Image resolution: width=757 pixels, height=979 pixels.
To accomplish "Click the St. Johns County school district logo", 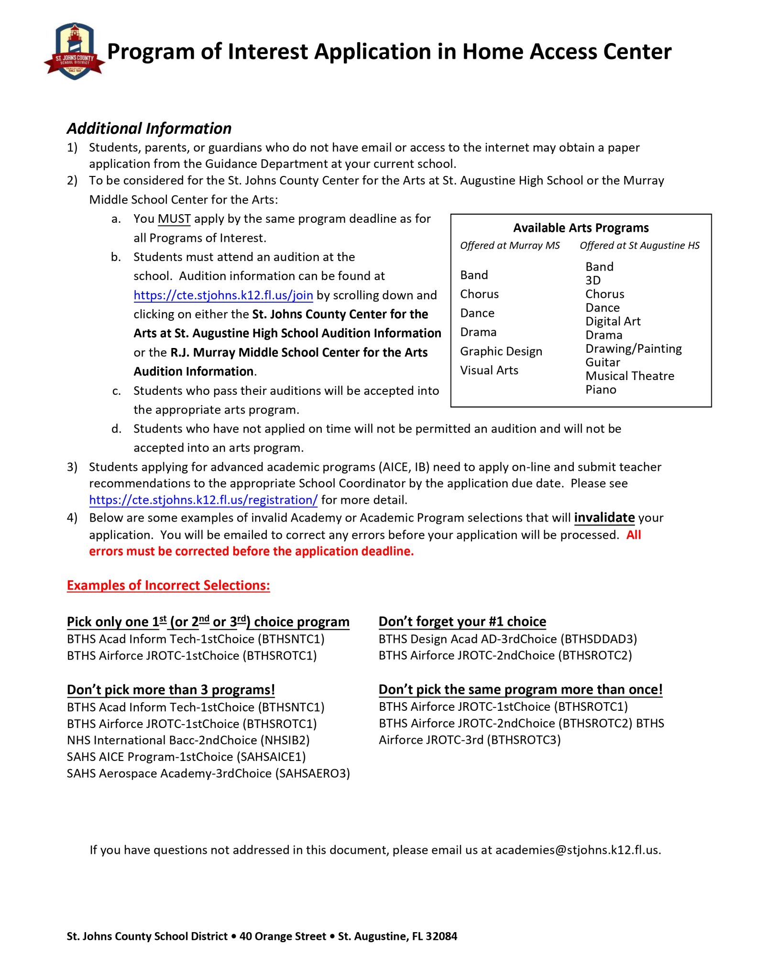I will (74, 52).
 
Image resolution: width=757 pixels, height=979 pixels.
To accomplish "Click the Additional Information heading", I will (149, 129).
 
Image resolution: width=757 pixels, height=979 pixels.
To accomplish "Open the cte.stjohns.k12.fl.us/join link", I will (223, 295).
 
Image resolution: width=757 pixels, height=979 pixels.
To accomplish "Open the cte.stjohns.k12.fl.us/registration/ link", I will (203, 500).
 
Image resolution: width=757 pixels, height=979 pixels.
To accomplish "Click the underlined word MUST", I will (174, 219).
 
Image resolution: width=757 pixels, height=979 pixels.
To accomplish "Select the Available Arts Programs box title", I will (581, 228).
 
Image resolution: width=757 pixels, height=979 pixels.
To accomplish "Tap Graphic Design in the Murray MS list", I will (501, 351).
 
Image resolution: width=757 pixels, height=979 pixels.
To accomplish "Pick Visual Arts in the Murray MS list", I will (489, 370).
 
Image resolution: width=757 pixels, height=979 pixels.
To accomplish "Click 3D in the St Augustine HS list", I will (592, 281).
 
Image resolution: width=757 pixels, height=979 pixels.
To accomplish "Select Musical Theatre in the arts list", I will (629, 376).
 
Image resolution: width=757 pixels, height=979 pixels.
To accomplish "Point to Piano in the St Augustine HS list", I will (601, 390).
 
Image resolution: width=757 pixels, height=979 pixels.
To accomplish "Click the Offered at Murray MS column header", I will (509, 246).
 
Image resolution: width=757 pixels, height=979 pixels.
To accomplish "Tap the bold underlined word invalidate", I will (604, 518).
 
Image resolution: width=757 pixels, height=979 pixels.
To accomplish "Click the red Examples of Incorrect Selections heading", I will (168, 586).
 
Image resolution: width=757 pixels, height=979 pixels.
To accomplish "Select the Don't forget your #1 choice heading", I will (462, 621).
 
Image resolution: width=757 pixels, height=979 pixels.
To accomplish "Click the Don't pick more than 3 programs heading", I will (171, 690).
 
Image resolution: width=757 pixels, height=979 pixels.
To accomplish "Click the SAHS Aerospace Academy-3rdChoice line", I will (208, 773).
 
